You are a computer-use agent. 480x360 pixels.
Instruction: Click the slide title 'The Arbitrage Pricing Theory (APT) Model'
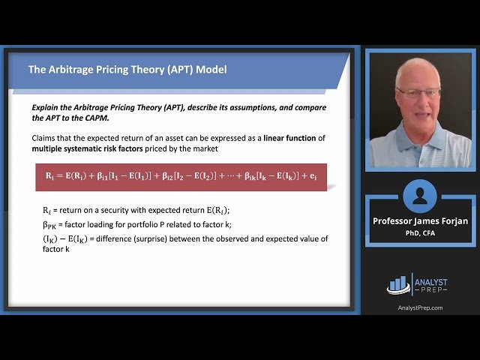127,70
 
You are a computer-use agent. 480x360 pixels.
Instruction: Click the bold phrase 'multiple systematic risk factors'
88,148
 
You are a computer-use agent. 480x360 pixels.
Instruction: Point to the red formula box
181,177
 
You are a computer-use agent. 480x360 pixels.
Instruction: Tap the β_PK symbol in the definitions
50,224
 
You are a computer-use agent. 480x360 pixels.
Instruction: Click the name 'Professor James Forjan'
420,220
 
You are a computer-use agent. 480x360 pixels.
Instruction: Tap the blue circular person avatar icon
420,196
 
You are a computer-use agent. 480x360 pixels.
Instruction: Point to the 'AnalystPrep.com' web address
420,307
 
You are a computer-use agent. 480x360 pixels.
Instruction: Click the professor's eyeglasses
419,93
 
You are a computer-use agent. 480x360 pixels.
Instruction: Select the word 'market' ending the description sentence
205,148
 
